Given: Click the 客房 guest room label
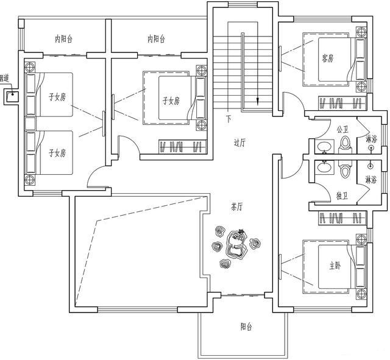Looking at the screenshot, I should coord(328,58).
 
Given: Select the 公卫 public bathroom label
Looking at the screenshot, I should coord(342,129).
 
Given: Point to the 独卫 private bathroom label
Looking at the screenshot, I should coord(342,196).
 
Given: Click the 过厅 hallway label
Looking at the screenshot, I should coord(239,143).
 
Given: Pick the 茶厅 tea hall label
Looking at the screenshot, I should coord(237,207).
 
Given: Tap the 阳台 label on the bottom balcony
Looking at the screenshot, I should coord(246,327).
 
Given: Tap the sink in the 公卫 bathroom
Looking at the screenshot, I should coord(324,147).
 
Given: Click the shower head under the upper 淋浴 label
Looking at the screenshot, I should coord(370,148).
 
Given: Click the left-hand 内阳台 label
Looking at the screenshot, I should coord(63,39).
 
